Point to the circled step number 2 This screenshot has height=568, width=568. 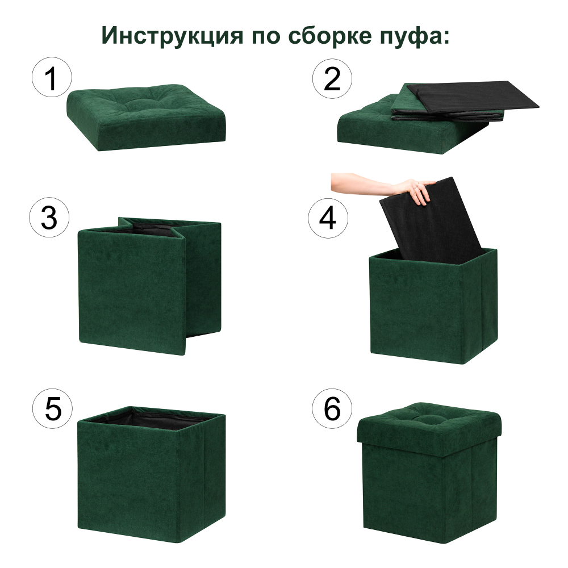pyautogui.click(x=332, y=79)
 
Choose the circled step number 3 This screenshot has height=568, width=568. pyautogui.click(x=49, y=219)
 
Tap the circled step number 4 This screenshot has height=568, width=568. pyautogui.click(x=328, y=219)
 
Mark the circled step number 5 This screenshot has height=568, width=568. pyautogui.click(x=53, y=409)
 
